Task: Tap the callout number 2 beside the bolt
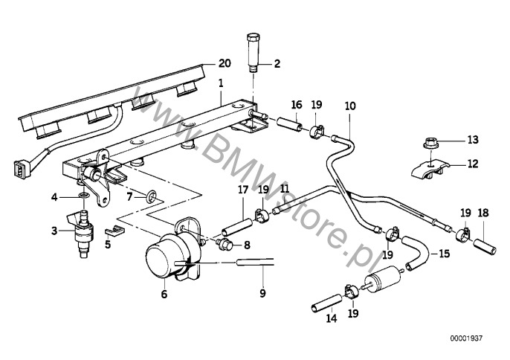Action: (277, 64)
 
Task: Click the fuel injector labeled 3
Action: (54, 196)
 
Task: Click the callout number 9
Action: (351, 106)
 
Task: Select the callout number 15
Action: (443, 254)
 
